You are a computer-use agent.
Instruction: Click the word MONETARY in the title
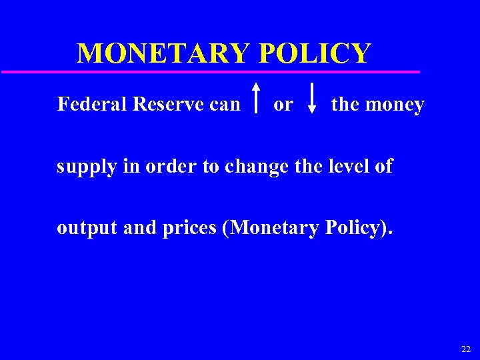(x=164, y=53)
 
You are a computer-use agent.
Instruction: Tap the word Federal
(x=92, y=105)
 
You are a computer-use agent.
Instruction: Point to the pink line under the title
(x=210, y=71)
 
